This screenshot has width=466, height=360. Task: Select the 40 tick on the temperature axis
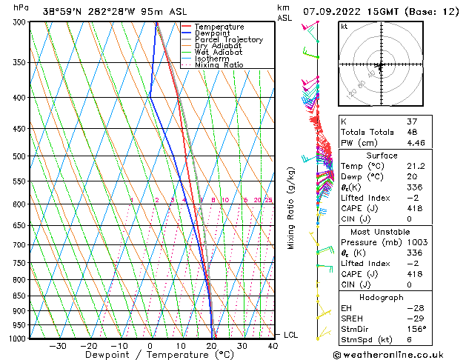click(x=273, y=346)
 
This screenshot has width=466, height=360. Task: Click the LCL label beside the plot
click(x=291, y=336)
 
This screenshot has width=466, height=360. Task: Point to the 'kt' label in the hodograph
click(x=344, y=27)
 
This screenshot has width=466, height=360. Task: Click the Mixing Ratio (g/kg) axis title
click(x=291, y=207)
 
